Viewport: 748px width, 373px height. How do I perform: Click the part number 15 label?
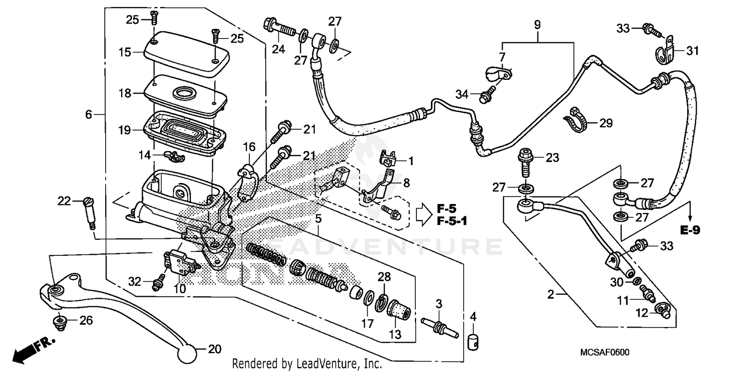(x=124, y=52)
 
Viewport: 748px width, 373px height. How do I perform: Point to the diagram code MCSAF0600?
(x=604, y=353)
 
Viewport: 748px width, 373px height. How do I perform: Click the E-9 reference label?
(x=690, y=230)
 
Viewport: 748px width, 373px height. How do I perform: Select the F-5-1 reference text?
(x=453, y=220)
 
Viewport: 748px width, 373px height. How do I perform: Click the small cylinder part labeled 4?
(x=474, y=342)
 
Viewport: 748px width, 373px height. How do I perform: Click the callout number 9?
(x=537, y=24)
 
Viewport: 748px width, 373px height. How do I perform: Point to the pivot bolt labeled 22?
(x=90, y=211)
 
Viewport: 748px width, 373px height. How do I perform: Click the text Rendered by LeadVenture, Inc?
(x=307, y=363)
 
